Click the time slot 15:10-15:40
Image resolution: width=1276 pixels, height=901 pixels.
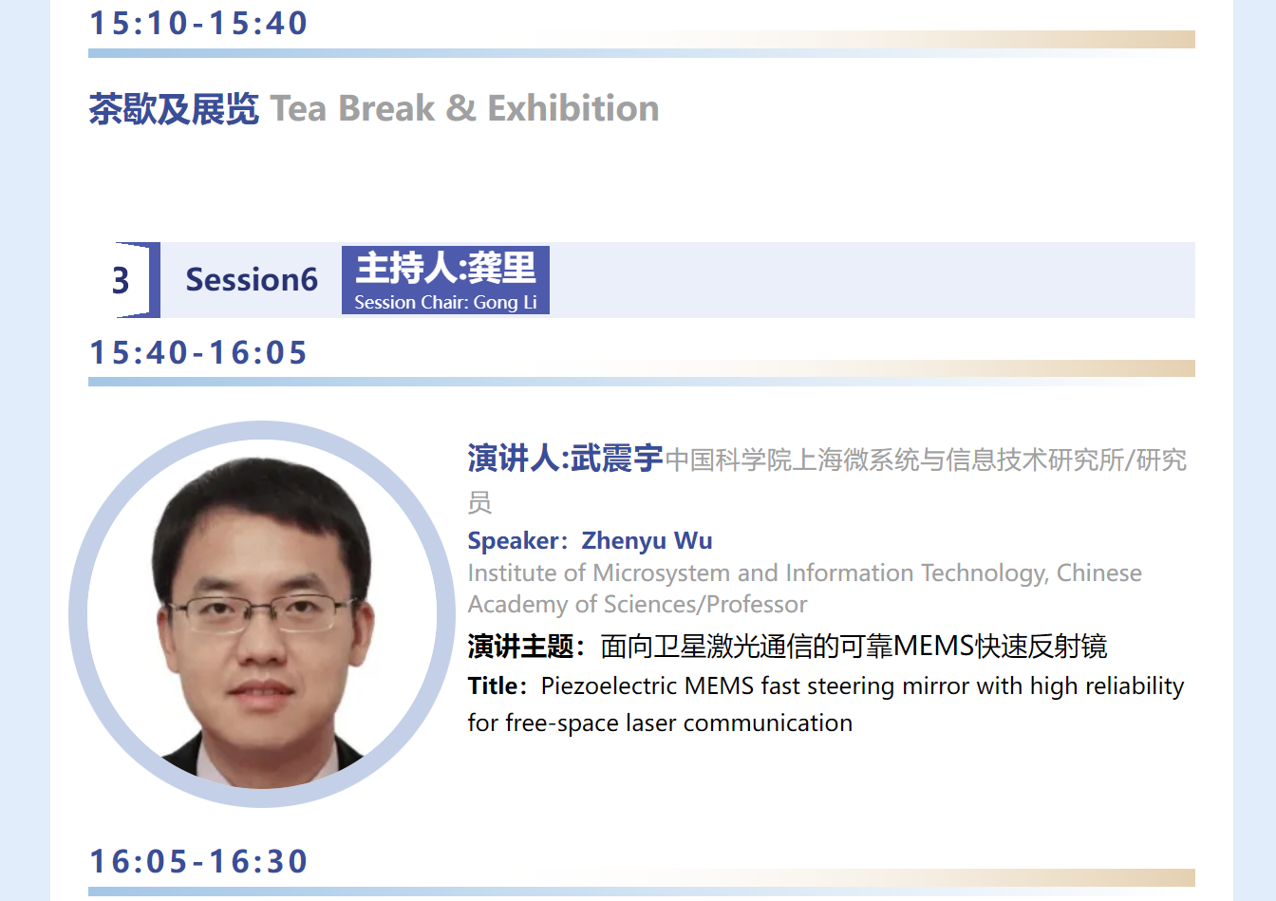[198, 23]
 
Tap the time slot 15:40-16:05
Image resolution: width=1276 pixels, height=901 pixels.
[198, 352]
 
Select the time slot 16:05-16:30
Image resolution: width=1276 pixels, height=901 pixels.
[198, 860]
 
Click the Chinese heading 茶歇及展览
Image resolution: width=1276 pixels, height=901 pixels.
[174, 108]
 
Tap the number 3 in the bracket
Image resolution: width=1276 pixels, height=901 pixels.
[121, 280]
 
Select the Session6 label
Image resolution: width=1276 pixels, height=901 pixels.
[252, 280]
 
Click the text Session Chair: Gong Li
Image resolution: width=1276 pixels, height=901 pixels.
[445, 302]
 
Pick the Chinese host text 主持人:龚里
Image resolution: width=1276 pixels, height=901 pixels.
[445, 267]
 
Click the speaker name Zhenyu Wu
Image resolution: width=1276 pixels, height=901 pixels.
[647, 540]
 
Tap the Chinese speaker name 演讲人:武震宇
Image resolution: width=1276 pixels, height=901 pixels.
[565, 458]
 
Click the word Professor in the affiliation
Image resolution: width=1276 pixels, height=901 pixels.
[757, 604]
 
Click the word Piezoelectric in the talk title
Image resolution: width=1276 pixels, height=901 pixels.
[609, 686]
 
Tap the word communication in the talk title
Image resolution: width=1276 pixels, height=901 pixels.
[767, 723]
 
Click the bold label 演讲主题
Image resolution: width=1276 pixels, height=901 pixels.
[520, 647]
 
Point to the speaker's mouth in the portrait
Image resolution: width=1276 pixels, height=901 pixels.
[261, 688]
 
